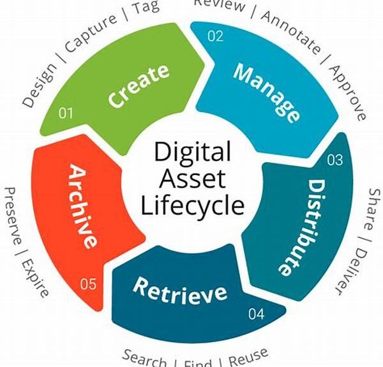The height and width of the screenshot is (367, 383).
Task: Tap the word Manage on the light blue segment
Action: pos(266,92)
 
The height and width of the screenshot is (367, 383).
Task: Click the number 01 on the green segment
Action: pos(66,114)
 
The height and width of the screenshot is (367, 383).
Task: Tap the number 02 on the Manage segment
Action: pos(215,36)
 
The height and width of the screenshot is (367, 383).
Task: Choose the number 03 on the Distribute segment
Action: pos(334,160)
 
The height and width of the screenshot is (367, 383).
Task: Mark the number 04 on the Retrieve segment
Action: pos(256,314)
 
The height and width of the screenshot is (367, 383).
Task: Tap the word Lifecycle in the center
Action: pos(192,206)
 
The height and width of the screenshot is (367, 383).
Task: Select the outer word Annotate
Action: pos(290,33)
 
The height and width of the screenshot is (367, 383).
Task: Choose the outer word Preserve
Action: pos(15,216)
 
